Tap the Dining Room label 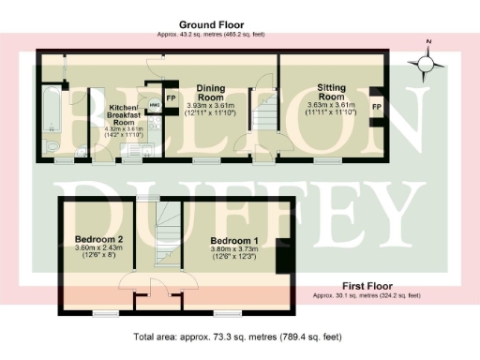210,91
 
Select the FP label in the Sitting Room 377,108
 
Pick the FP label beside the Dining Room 171,97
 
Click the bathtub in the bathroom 50,112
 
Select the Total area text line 239,335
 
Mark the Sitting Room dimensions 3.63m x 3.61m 331,104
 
